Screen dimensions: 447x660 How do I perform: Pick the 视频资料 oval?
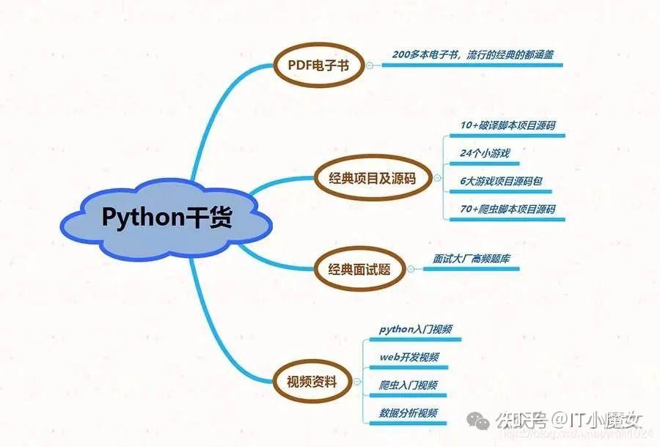(x=312, y=381)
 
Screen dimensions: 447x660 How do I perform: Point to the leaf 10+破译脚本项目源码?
(x=508, y=125)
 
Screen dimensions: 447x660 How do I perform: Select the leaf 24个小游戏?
(x=485, y=153)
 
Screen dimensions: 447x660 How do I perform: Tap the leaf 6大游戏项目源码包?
(x=501, y=181)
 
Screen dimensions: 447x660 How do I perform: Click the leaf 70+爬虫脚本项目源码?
(x=508, y=209)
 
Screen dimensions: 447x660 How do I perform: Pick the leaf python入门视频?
(x=415, y=329)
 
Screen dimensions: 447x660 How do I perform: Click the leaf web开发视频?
(x=409, y=357)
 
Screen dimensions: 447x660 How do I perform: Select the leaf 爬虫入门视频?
(x=408, y=385)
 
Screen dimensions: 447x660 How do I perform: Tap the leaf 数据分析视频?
(x=408, y=413)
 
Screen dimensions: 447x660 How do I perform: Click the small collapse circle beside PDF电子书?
(x=369, y=65)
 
